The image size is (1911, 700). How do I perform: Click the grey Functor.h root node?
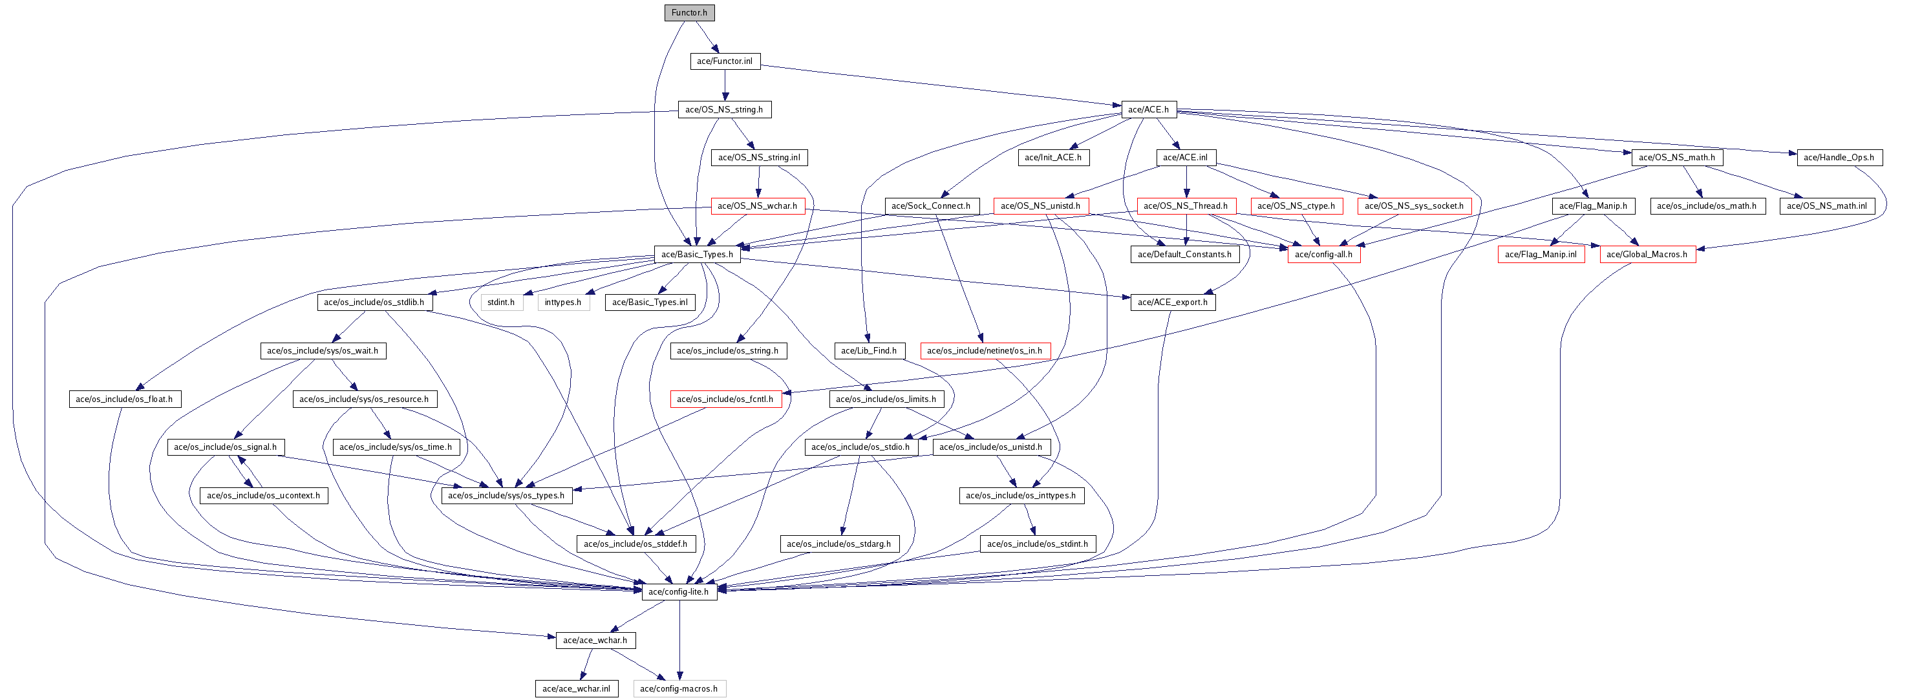point(689,13)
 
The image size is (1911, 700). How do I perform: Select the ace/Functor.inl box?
point(724,61)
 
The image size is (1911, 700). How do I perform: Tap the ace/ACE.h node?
point(1148,110)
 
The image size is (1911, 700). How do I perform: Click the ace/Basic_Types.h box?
point(697,255)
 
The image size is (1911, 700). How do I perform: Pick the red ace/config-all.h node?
point(1323,255)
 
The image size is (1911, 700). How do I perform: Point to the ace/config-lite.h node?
point(678,592)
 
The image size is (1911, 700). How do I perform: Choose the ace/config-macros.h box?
point(679,689)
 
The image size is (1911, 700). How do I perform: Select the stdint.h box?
point(501,302)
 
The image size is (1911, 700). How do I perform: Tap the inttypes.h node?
point(562,302)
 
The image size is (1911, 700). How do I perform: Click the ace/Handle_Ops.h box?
point(1839,157)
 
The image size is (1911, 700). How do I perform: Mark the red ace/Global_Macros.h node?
point(1647,255)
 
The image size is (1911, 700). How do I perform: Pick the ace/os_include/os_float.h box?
point(124,399)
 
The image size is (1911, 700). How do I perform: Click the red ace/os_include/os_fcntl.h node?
point(724,399)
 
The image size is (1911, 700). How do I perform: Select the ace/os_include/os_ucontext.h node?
point(263,495)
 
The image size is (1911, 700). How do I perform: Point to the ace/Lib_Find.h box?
point(868,351)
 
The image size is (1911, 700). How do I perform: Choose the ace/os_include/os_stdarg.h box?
point(838,544)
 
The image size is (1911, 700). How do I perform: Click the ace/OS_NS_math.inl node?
point(1826,206)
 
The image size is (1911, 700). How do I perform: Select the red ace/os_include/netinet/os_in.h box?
point(985,351)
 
